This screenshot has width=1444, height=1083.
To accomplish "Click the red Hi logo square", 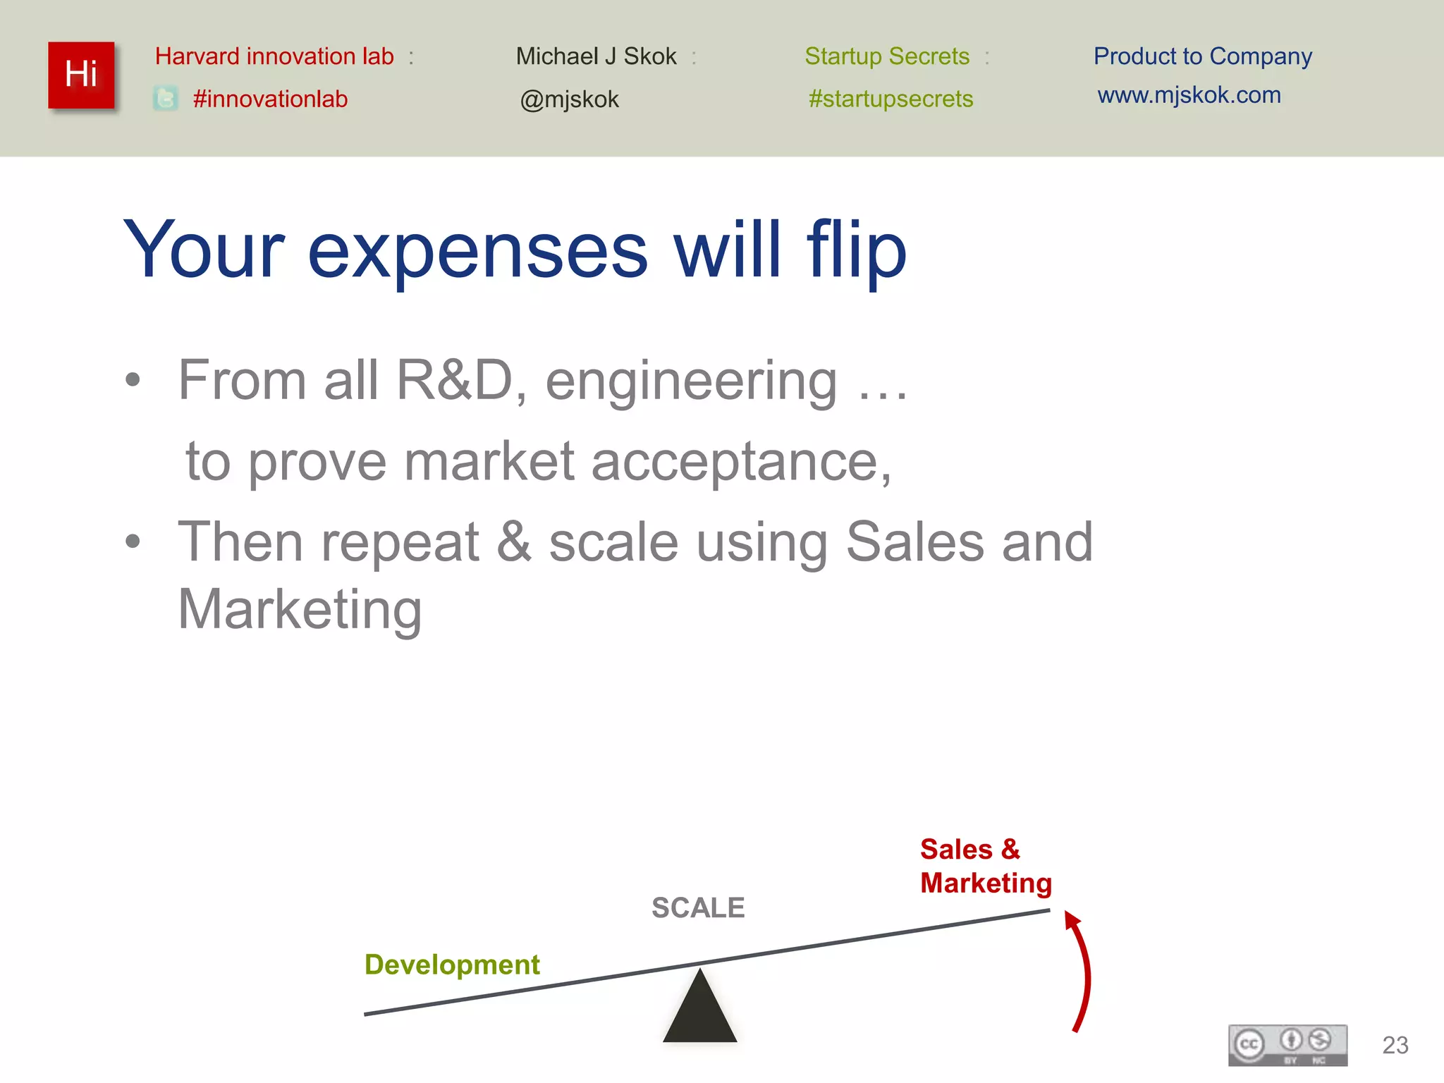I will pos(81,75).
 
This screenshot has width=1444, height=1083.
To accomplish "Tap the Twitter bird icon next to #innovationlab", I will pos(166,99).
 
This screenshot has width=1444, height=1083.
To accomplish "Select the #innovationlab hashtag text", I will pos(270,99).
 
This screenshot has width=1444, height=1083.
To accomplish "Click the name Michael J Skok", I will pos(596,56).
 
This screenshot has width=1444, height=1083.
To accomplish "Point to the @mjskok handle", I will pos(569,99).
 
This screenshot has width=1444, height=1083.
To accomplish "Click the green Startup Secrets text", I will pos(887,56).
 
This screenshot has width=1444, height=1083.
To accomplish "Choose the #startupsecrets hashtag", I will pos(891,99).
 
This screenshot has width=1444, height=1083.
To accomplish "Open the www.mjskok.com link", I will pos(1189,95).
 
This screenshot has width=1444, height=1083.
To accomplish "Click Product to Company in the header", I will pos(1202,56).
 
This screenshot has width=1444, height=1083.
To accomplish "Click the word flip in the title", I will pos(856,250).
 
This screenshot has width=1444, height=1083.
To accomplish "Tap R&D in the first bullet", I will pos(455,380).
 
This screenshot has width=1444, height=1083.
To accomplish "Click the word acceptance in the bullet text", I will pos(740,462).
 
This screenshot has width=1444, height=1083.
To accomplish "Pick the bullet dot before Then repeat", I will pos(133,541).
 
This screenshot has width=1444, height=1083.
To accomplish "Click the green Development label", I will pos(452,964).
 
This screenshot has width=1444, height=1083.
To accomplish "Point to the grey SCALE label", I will pos(698,907).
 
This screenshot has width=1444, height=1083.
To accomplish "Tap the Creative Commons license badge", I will pos(1287,1045).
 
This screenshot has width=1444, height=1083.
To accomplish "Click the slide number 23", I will pos(1395,1045).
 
